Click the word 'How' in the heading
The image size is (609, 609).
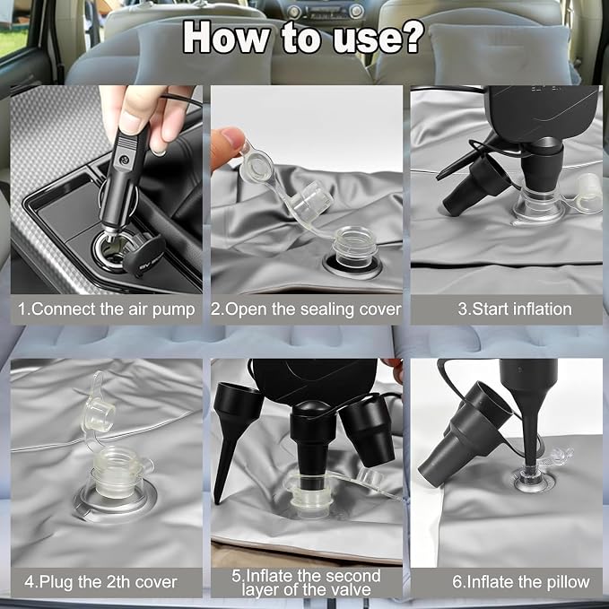(x=226, y=37)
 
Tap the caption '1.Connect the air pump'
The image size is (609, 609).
(x=106, y=309)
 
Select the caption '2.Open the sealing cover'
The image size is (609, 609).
(x=306, y=309)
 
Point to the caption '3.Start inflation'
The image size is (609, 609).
(x=515, y=309)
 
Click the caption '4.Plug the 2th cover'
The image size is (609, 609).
(x=100, y=582)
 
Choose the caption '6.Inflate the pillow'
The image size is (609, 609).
(x=521, y=582)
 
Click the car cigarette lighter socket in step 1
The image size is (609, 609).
(x=112, y=248)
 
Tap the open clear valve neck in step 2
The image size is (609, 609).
(x=353, y=248)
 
